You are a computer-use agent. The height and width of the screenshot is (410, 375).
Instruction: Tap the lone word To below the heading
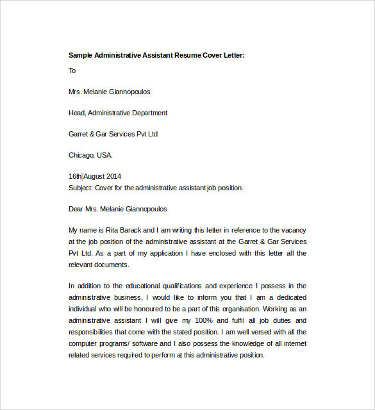coord(72,70)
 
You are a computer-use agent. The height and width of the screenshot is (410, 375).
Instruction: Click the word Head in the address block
coord(76,113)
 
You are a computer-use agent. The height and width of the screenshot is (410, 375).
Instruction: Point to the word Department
coord(149,113)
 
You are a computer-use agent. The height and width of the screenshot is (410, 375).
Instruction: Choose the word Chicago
coord(81,155)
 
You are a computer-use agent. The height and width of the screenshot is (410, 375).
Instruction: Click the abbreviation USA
coord(105,155)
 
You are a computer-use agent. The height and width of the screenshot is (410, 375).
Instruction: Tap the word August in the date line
coord(93,176)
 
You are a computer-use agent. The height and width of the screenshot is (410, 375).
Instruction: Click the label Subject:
coord(80,188)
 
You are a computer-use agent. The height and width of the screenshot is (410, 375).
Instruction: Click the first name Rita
coord(113,229)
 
